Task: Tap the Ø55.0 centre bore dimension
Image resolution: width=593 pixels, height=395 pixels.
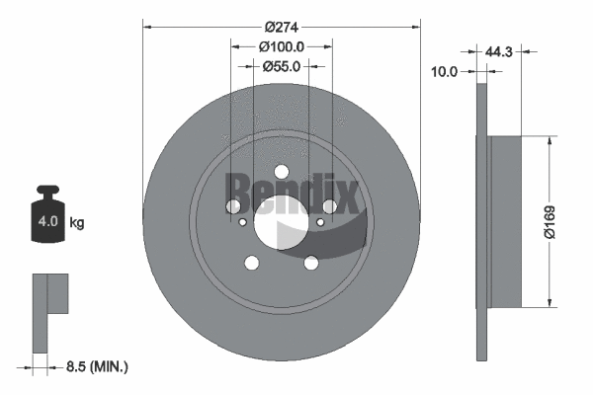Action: click(x=282, y=65)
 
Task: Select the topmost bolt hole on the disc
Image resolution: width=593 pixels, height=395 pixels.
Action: click(x=282, y=169)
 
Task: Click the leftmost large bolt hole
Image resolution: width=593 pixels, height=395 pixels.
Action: click(x=234, y=205)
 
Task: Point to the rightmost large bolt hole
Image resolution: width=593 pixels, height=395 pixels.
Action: click(x=329, y=205)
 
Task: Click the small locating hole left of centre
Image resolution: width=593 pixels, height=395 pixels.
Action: click(x=244, y=223)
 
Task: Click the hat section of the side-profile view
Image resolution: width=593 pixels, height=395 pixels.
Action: click(x=504, y=219)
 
